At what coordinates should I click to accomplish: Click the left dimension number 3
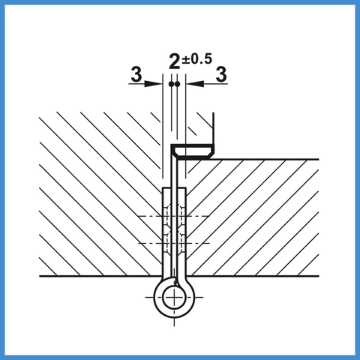136,74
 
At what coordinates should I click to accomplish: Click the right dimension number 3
221,74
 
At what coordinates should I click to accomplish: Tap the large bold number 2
175,61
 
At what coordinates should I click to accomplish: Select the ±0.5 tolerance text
197,58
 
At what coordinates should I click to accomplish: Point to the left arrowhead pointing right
153,84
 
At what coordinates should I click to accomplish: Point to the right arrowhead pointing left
195,84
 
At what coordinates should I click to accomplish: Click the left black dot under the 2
171,84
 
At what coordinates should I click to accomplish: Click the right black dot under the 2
177,84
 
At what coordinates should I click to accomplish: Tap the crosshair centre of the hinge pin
174,298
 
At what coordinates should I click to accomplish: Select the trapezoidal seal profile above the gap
194,152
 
